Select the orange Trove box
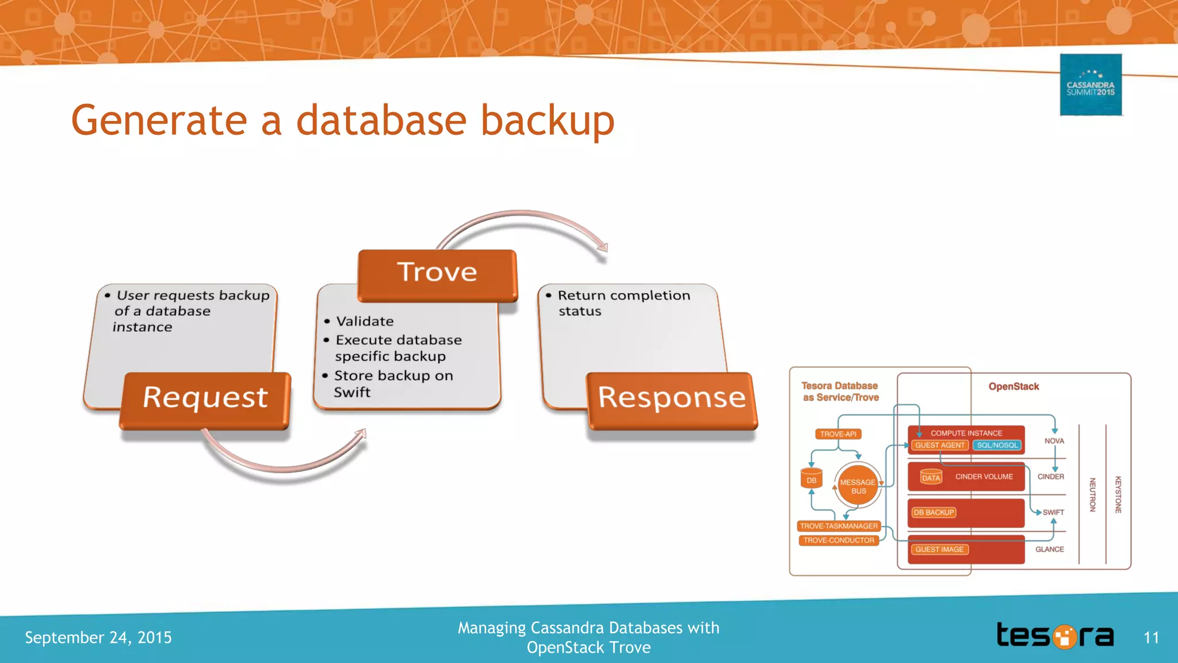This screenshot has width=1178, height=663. (437, 275)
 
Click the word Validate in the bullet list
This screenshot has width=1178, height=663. (365, 321)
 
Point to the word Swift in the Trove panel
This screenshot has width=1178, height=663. (352, 393)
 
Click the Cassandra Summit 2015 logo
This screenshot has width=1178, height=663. (1091, 85)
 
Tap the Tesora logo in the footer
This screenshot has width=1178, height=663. (1055, 636)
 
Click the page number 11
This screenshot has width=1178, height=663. (1151, 638)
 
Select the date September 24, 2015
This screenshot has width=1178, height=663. (98, 638)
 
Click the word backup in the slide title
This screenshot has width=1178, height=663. (547, 121)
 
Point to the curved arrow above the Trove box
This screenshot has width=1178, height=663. (521, 222)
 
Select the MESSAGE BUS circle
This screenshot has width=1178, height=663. (858, 486)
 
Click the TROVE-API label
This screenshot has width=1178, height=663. (838, 434)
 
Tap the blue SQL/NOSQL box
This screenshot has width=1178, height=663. (997, 445)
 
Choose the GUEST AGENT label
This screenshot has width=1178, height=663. (939, 445)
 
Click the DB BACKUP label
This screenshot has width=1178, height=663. (934, 512)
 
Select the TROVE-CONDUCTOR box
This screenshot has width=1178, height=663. (839, 540)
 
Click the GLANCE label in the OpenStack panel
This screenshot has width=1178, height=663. (1049, 549)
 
